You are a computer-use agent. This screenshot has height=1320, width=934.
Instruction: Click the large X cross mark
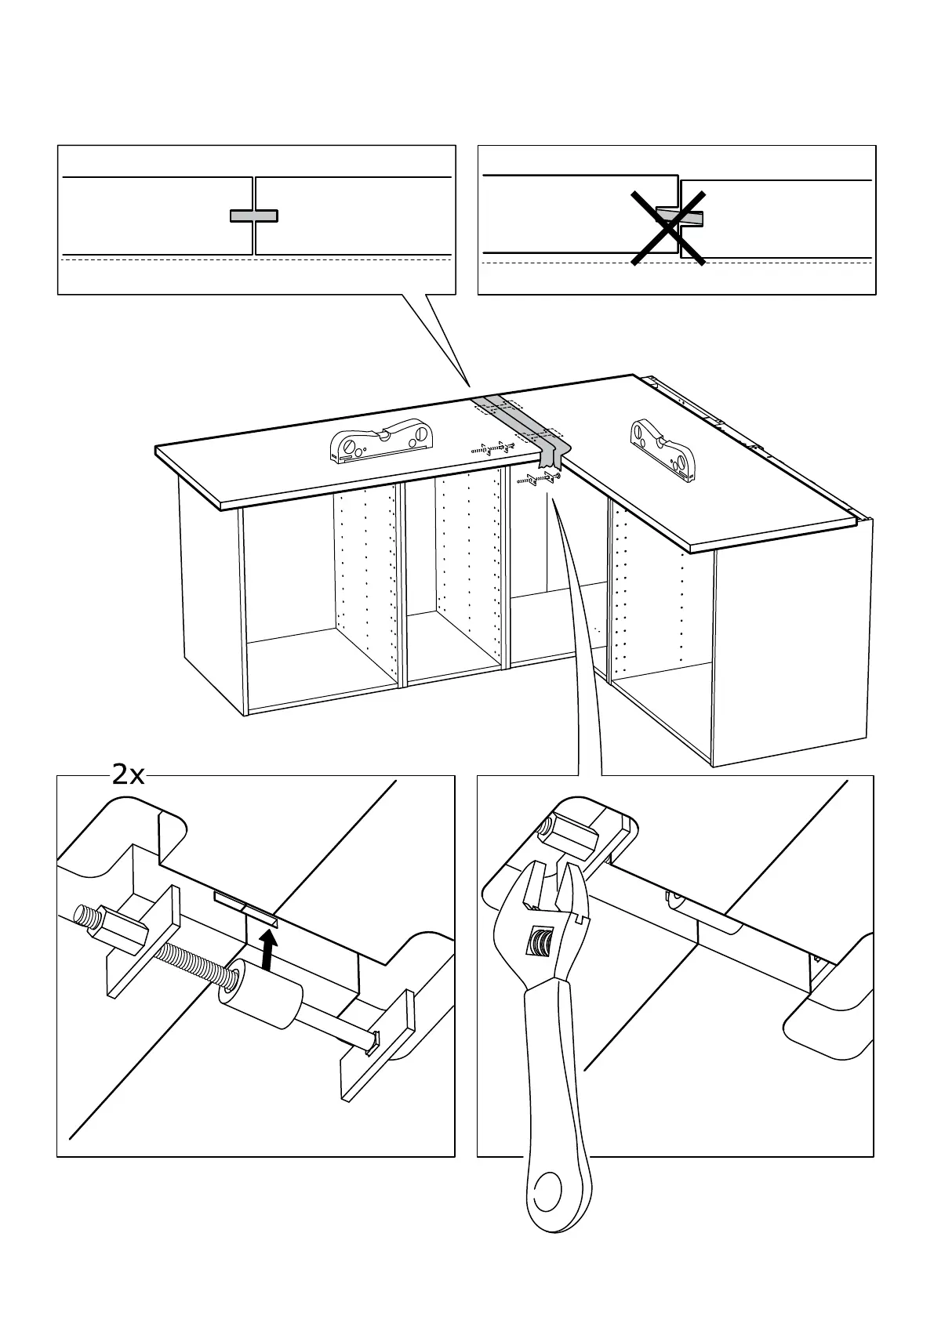[668, 227]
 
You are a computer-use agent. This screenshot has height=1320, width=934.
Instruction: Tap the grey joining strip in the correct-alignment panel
[253, 216]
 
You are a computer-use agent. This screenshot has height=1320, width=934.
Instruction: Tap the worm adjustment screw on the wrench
[540, 941]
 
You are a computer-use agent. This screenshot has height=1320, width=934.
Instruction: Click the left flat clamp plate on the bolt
[144, 940]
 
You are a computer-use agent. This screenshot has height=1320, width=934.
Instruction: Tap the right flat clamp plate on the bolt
[377, 1046]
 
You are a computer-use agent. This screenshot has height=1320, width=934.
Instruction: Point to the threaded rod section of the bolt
[196, 963]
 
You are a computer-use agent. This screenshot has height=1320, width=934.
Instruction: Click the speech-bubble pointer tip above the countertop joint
[470, 385]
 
